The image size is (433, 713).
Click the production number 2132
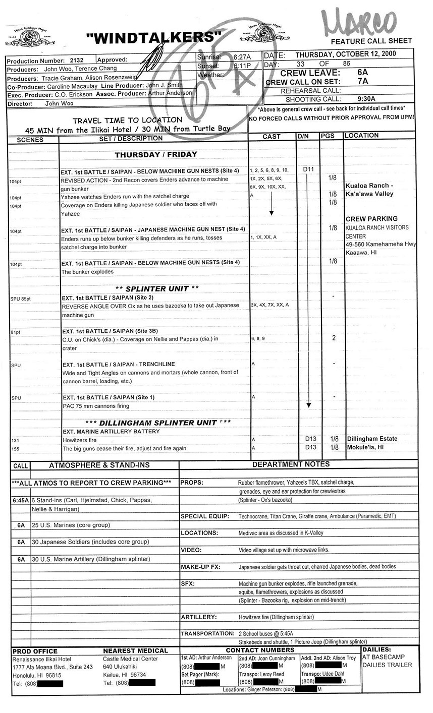(x=77, y=60)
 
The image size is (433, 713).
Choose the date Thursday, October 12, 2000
(x=346, y=54)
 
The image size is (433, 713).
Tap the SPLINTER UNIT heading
(x=157, y=289)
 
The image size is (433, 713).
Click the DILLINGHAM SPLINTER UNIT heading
(x=158, y=423)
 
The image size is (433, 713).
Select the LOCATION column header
(x=361, y=136)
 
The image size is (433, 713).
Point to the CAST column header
(x=272, y=137)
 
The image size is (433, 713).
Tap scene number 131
(x=15, y=440)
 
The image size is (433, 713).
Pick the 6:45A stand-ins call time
(x=21, y=500)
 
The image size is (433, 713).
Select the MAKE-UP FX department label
(x=201, y=567)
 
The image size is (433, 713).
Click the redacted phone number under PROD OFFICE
(x=47, y=684)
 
